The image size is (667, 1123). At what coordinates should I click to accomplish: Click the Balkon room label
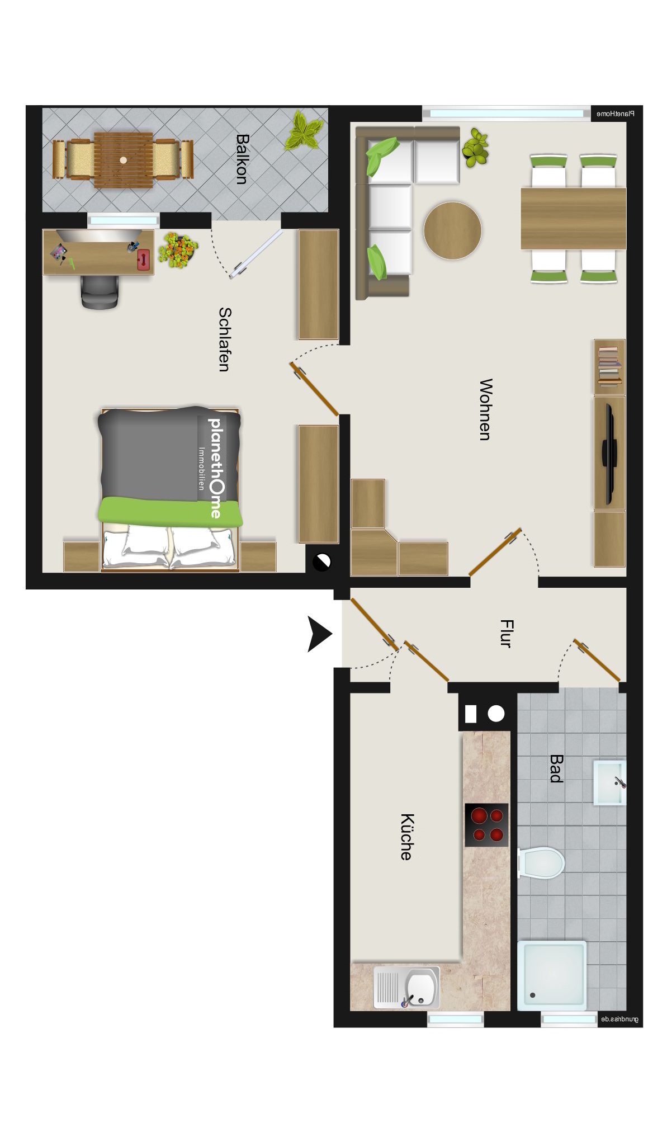(242, 158)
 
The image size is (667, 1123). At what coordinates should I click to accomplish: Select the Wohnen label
(486, 409)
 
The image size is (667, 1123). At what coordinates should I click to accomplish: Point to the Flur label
(505, 633)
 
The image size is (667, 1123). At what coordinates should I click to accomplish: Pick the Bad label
(556, 768)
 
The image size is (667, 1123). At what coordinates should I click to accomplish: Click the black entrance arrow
(320, 634)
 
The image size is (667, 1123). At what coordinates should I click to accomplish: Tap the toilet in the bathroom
(541, 862)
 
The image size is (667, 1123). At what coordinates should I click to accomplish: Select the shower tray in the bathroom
(552, 976)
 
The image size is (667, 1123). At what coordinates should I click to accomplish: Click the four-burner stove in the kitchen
(486, 825)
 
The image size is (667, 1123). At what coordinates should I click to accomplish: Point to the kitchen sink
(406, 987)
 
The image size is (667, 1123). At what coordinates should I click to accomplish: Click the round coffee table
(452, 230)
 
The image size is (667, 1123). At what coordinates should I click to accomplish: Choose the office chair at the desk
(100, 291)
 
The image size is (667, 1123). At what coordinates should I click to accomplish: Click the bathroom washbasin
(609, 782)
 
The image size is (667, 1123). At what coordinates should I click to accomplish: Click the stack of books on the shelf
(609, 366)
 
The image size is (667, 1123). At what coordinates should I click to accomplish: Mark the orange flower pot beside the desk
(178, 249)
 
